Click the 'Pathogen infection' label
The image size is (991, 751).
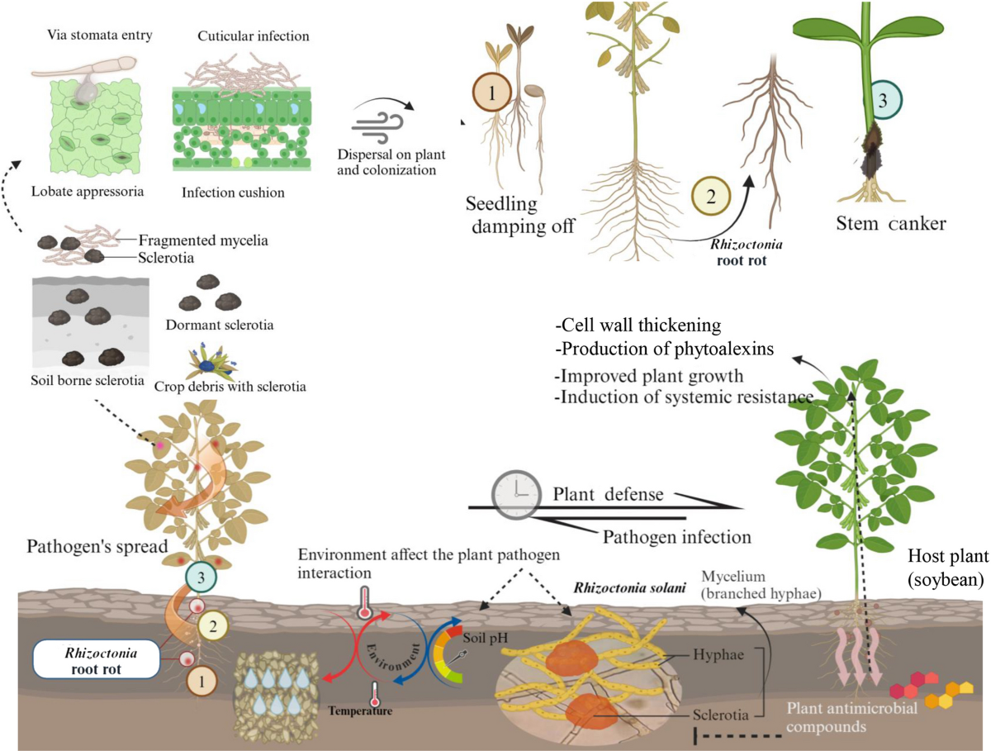(x=676, y=536)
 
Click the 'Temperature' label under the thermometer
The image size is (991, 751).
(x=359, y=710)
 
